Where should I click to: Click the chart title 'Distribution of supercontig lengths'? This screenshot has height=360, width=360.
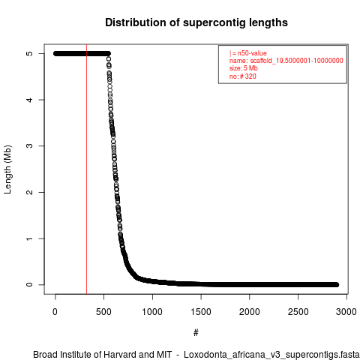[196, 22]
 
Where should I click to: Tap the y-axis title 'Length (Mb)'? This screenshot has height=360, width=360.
[7, 169]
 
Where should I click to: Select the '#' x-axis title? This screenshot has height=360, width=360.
[196, 333]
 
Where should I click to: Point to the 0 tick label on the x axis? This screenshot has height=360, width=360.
[55, 312]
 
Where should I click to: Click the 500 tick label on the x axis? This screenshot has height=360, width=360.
[103, 312]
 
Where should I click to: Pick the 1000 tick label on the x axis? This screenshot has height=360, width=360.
[152, 312]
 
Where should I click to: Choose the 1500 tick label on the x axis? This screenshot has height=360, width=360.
[201, 312]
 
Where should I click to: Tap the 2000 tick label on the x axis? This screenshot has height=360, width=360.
[249, 312]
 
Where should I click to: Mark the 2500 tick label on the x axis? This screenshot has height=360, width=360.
[298, 312]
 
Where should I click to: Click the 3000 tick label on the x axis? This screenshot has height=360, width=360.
[346, 312]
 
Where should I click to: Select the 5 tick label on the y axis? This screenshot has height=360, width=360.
[29, 53]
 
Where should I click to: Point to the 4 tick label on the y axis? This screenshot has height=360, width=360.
[29, 100]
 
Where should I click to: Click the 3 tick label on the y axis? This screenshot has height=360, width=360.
[29, 146]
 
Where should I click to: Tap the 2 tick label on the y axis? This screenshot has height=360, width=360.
[29, 192]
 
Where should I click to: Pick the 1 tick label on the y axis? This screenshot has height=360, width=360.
[29, 238]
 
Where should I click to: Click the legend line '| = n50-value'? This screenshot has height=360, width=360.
[247, 53]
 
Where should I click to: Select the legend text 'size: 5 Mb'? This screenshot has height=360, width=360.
[244, 68]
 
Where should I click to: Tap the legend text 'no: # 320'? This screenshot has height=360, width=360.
[243, 76]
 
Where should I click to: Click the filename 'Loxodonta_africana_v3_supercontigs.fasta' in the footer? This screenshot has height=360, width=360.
[271, 355]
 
